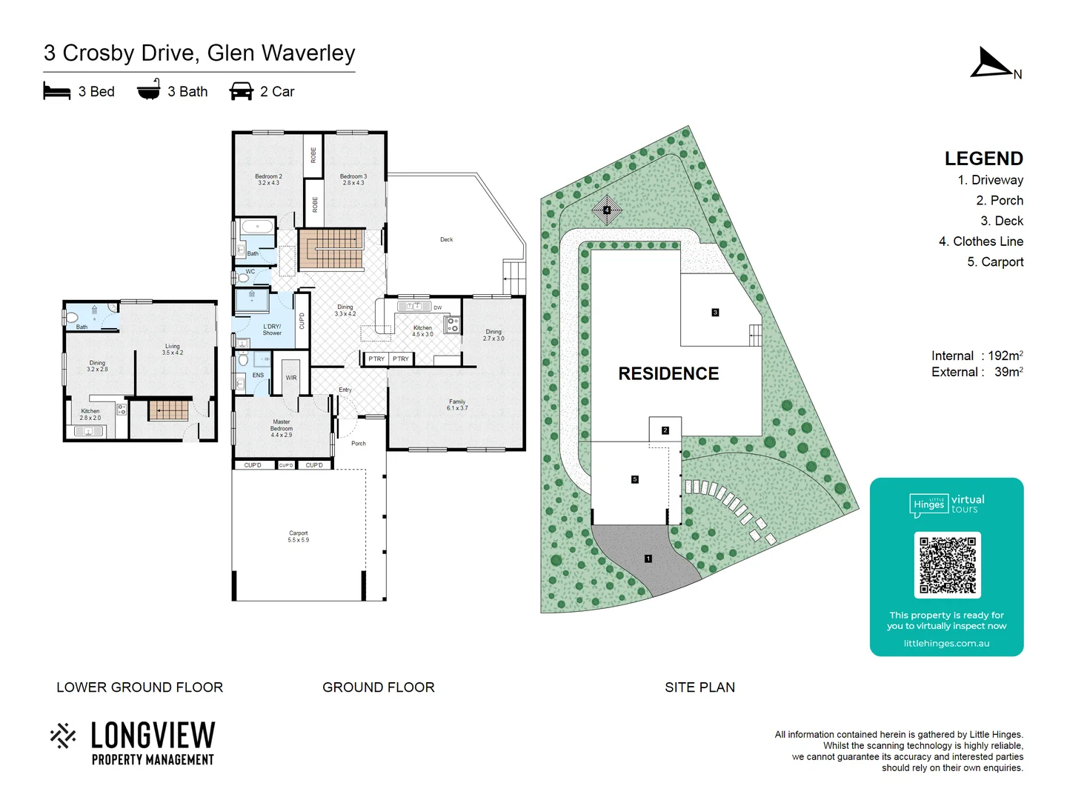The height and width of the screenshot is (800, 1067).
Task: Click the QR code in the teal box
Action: point(947,564)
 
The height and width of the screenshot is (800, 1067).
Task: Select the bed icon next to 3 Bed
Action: point(56,91)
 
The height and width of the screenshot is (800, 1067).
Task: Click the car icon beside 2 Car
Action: point(242,91)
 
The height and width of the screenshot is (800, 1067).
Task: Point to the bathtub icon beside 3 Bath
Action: point(148,90)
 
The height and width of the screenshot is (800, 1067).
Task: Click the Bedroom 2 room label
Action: point(268,179)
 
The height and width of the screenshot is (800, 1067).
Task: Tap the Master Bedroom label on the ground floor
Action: point(282,428)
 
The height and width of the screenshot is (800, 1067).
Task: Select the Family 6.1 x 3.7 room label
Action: point(457,404)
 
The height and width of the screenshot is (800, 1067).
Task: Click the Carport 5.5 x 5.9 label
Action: point(298,536)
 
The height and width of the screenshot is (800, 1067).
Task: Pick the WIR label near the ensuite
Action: point(291,378)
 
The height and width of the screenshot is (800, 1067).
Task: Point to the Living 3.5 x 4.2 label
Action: point(173,349)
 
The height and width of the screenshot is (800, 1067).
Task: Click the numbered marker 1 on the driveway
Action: point(648,559)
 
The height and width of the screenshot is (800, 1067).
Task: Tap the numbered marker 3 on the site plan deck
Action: point(715,313)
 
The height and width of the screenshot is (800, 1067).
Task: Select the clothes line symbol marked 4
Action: point(607,210)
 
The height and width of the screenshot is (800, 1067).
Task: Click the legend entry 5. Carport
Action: point(994,261)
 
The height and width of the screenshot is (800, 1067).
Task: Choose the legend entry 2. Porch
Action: point(999,200)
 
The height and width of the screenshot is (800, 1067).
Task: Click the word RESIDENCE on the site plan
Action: point(668,373)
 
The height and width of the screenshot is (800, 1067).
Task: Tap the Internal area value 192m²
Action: point(1005,356)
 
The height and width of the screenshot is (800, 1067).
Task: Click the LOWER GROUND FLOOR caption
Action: point(139,687)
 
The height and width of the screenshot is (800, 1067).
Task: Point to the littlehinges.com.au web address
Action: point(946,643)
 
